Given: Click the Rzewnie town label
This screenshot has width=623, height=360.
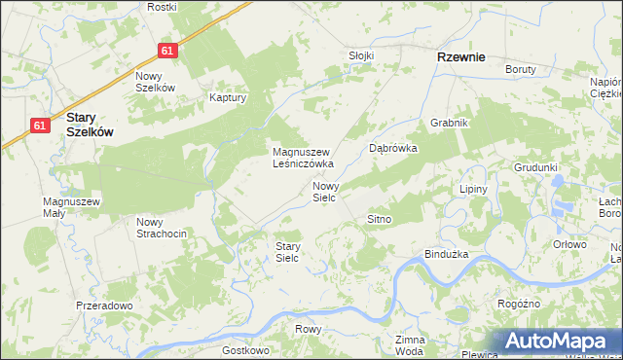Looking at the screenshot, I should (460, 56).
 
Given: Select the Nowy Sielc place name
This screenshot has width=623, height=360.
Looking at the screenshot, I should (324, 191).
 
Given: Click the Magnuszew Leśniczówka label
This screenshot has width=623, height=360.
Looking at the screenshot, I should (303, 158).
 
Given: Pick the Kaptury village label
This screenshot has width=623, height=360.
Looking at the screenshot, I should (229, 97).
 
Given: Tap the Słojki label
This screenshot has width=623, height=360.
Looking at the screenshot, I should (361, 55).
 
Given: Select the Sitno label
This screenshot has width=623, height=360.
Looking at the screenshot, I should (379, 220).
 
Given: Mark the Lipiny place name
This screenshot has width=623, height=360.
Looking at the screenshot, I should (472, 189).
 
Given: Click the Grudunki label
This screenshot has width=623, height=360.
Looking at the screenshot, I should (536, 166).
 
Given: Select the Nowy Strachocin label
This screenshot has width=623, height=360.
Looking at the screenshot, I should (162, 228).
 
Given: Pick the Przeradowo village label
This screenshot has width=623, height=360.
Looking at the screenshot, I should (104, 306).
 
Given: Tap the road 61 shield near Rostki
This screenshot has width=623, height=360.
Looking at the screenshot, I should (168, 51).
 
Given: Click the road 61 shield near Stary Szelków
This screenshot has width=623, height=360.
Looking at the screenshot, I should (40, 126).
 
